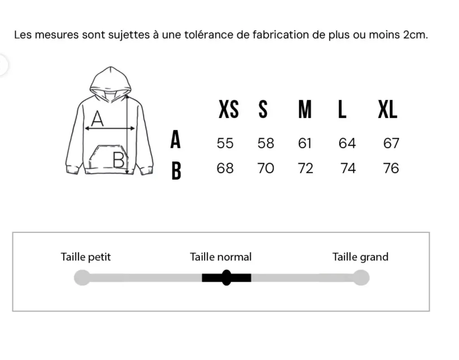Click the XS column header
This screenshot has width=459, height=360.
[229, 109]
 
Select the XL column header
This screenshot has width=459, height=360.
[388, 109]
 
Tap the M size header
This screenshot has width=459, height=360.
[305, 109]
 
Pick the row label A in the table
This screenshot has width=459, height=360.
[176, 140]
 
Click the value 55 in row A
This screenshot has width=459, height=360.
[225, 143]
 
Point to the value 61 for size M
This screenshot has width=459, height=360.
[305, 143]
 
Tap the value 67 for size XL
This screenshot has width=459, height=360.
[391, 143]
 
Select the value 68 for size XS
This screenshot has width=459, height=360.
[225, 169]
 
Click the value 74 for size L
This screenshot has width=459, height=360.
[348, 169]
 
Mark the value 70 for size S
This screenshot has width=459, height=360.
[265, 169]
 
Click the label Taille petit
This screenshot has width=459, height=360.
[86, 257]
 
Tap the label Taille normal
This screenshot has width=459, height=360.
[221, 257]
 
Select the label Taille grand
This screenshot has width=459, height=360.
[360, 257]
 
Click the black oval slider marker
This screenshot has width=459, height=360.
[226, 278]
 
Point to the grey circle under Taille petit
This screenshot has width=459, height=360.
[82, 278]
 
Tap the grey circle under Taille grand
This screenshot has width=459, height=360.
[360, 278]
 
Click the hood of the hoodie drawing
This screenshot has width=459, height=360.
[110, 81]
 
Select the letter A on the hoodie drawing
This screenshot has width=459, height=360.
[97, 119]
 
